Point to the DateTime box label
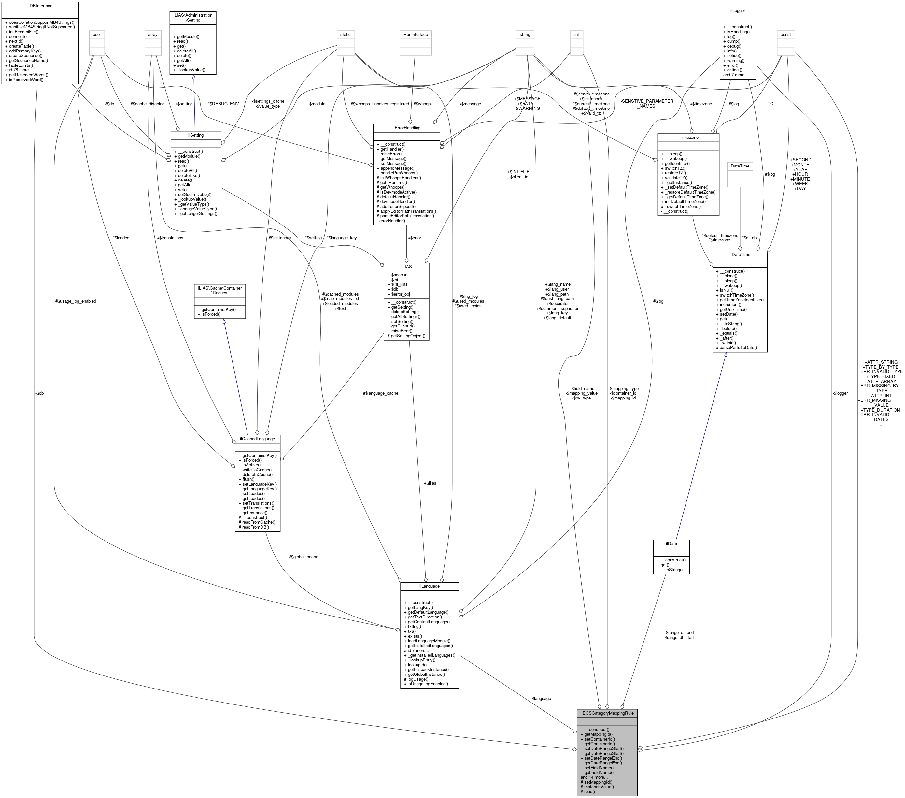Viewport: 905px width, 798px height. coord(740,166)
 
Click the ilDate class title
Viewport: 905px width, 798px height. coord(671,543)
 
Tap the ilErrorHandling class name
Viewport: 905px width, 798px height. coord(406,128)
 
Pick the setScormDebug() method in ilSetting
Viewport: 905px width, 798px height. coord(194,194)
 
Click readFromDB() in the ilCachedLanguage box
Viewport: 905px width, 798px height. coord(257,527)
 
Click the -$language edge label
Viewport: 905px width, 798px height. coord(541,698)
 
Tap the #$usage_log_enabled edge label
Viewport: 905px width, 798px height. coord(76,301)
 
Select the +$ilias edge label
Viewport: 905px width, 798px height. coord(430,483)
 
